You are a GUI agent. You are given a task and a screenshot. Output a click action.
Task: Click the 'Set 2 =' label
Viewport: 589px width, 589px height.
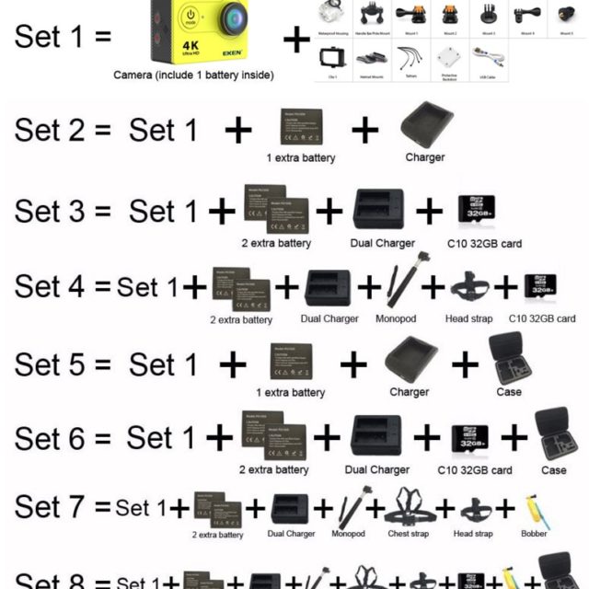point(62,130)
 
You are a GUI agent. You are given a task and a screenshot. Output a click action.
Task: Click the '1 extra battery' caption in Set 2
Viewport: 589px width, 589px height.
point(301,157)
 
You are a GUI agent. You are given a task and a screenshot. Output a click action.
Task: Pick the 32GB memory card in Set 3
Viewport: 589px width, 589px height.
point(477,211)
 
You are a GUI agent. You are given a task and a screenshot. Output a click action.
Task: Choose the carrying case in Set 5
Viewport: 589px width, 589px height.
point(509,360)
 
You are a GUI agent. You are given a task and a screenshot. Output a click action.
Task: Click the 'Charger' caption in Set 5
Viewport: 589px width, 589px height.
point(409,392)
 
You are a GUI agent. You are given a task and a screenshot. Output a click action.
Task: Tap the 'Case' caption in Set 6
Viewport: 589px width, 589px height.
point(554,470)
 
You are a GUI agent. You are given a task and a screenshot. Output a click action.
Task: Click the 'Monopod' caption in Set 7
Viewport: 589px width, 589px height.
point(349,534)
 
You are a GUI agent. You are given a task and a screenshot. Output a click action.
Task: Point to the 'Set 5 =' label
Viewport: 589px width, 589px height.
point(62,365)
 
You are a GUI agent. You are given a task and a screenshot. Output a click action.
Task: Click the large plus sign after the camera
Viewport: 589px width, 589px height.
point(296,40)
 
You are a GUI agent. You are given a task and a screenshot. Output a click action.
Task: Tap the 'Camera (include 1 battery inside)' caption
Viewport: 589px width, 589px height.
point(192,75)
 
